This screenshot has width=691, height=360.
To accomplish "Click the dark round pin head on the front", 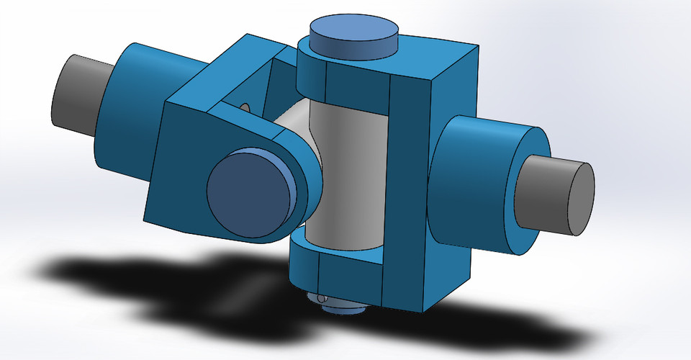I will [249, 192].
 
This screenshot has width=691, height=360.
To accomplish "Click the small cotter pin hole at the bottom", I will [322, 297].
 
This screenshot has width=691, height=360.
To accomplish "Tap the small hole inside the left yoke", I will [244, 108].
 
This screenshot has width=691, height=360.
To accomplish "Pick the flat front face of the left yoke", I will [180, 173].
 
